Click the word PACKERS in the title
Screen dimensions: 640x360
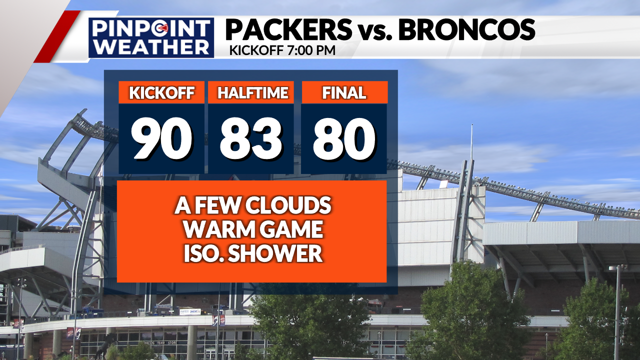point(289,29)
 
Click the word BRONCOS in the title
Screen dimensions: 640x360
point(467,29)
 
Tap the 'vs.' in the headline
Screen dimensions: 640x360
point(375,31)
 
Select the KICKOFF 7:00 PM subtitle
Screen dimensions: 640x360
point(282,50)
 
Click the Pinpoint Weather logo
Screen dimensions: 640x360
point(151,37)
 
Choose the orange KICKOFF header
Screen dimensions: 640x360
point(161,92)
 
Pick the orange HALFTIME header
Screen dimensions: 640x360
point(251,92)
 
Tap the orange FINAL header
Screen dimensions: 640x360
point(344,92)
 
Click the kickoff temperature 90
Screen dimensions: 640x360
point(161,139)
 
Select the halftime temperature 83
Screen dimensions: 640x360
point(251,139)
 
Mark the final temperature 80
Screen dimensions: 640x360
point(344,139)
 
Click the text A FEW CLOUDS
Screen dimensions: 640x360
point(253,205)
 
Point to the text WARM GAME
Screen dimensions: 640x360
point(253,229)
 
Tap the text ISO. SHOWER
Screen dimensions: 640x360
point(253,253)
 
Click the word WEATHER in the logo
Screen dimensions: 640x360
point(151,47)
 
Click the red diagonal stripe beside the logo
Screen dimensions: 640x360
point(57,36)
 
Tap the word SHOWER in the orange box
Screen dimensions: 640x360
point(275,253)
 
